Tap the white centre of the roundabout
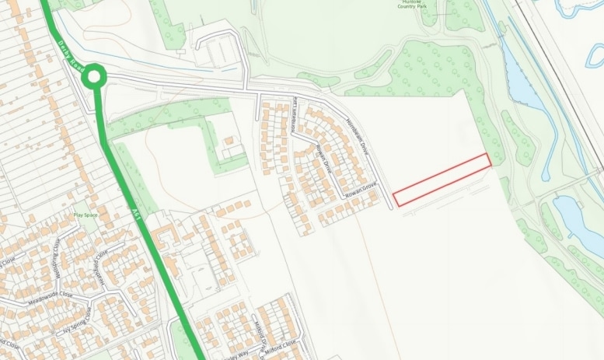click(94, 76)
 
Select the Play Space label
click(86, 215)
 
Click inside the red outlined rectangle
click(442, 180)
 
